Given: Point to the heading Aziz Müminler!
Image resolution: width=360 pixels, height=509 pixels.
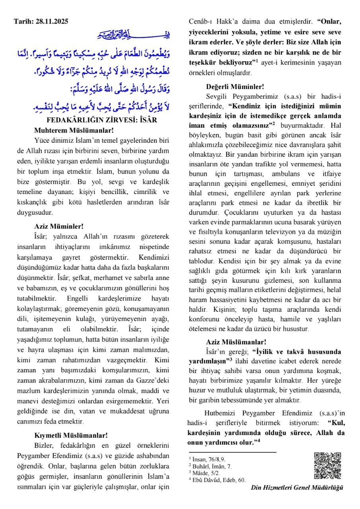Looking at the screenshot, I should [x=59, y=226].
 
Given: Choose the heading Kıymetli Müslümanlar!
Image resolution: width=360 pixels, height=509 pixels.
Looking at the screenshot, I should [x=71, y=435].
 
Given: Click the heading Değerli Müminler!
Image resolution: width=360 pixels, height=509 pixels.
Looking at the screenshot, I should [x=235, y=86].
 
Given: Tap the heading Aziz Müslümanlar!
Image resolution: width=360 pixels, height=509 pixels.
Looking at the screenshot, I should [x=236, y=342].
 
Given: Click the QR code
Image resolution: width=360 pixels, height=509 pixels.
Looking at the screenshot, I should [x=327, y=466].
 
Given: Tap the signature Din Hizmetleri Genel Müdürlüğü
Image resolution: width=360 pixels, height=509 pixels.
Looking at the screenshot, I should [x=297, y=488].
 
